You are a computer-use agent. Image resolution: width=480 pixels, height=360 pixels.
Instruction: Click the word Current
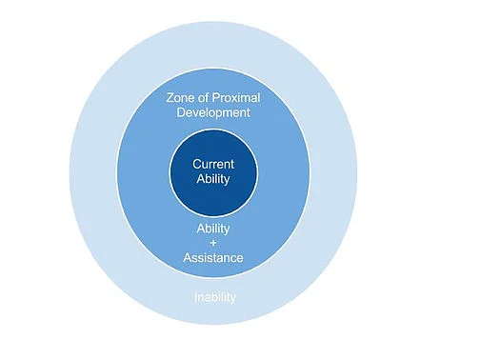(x=213, y=163)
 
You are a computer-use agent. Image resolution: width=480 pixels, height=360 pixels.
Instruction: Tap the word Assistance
(x=213, y=257)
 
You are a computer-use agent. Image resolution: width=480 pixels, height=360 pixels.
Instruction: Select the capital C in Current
(x=196, y=163)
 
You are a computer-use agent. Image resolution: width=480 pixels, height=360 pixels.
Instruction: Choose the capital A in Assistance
(x=187, y=257)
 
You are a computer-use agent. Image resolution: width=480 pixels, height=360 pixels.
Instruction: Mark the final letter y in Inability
(x=233, y=298)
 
